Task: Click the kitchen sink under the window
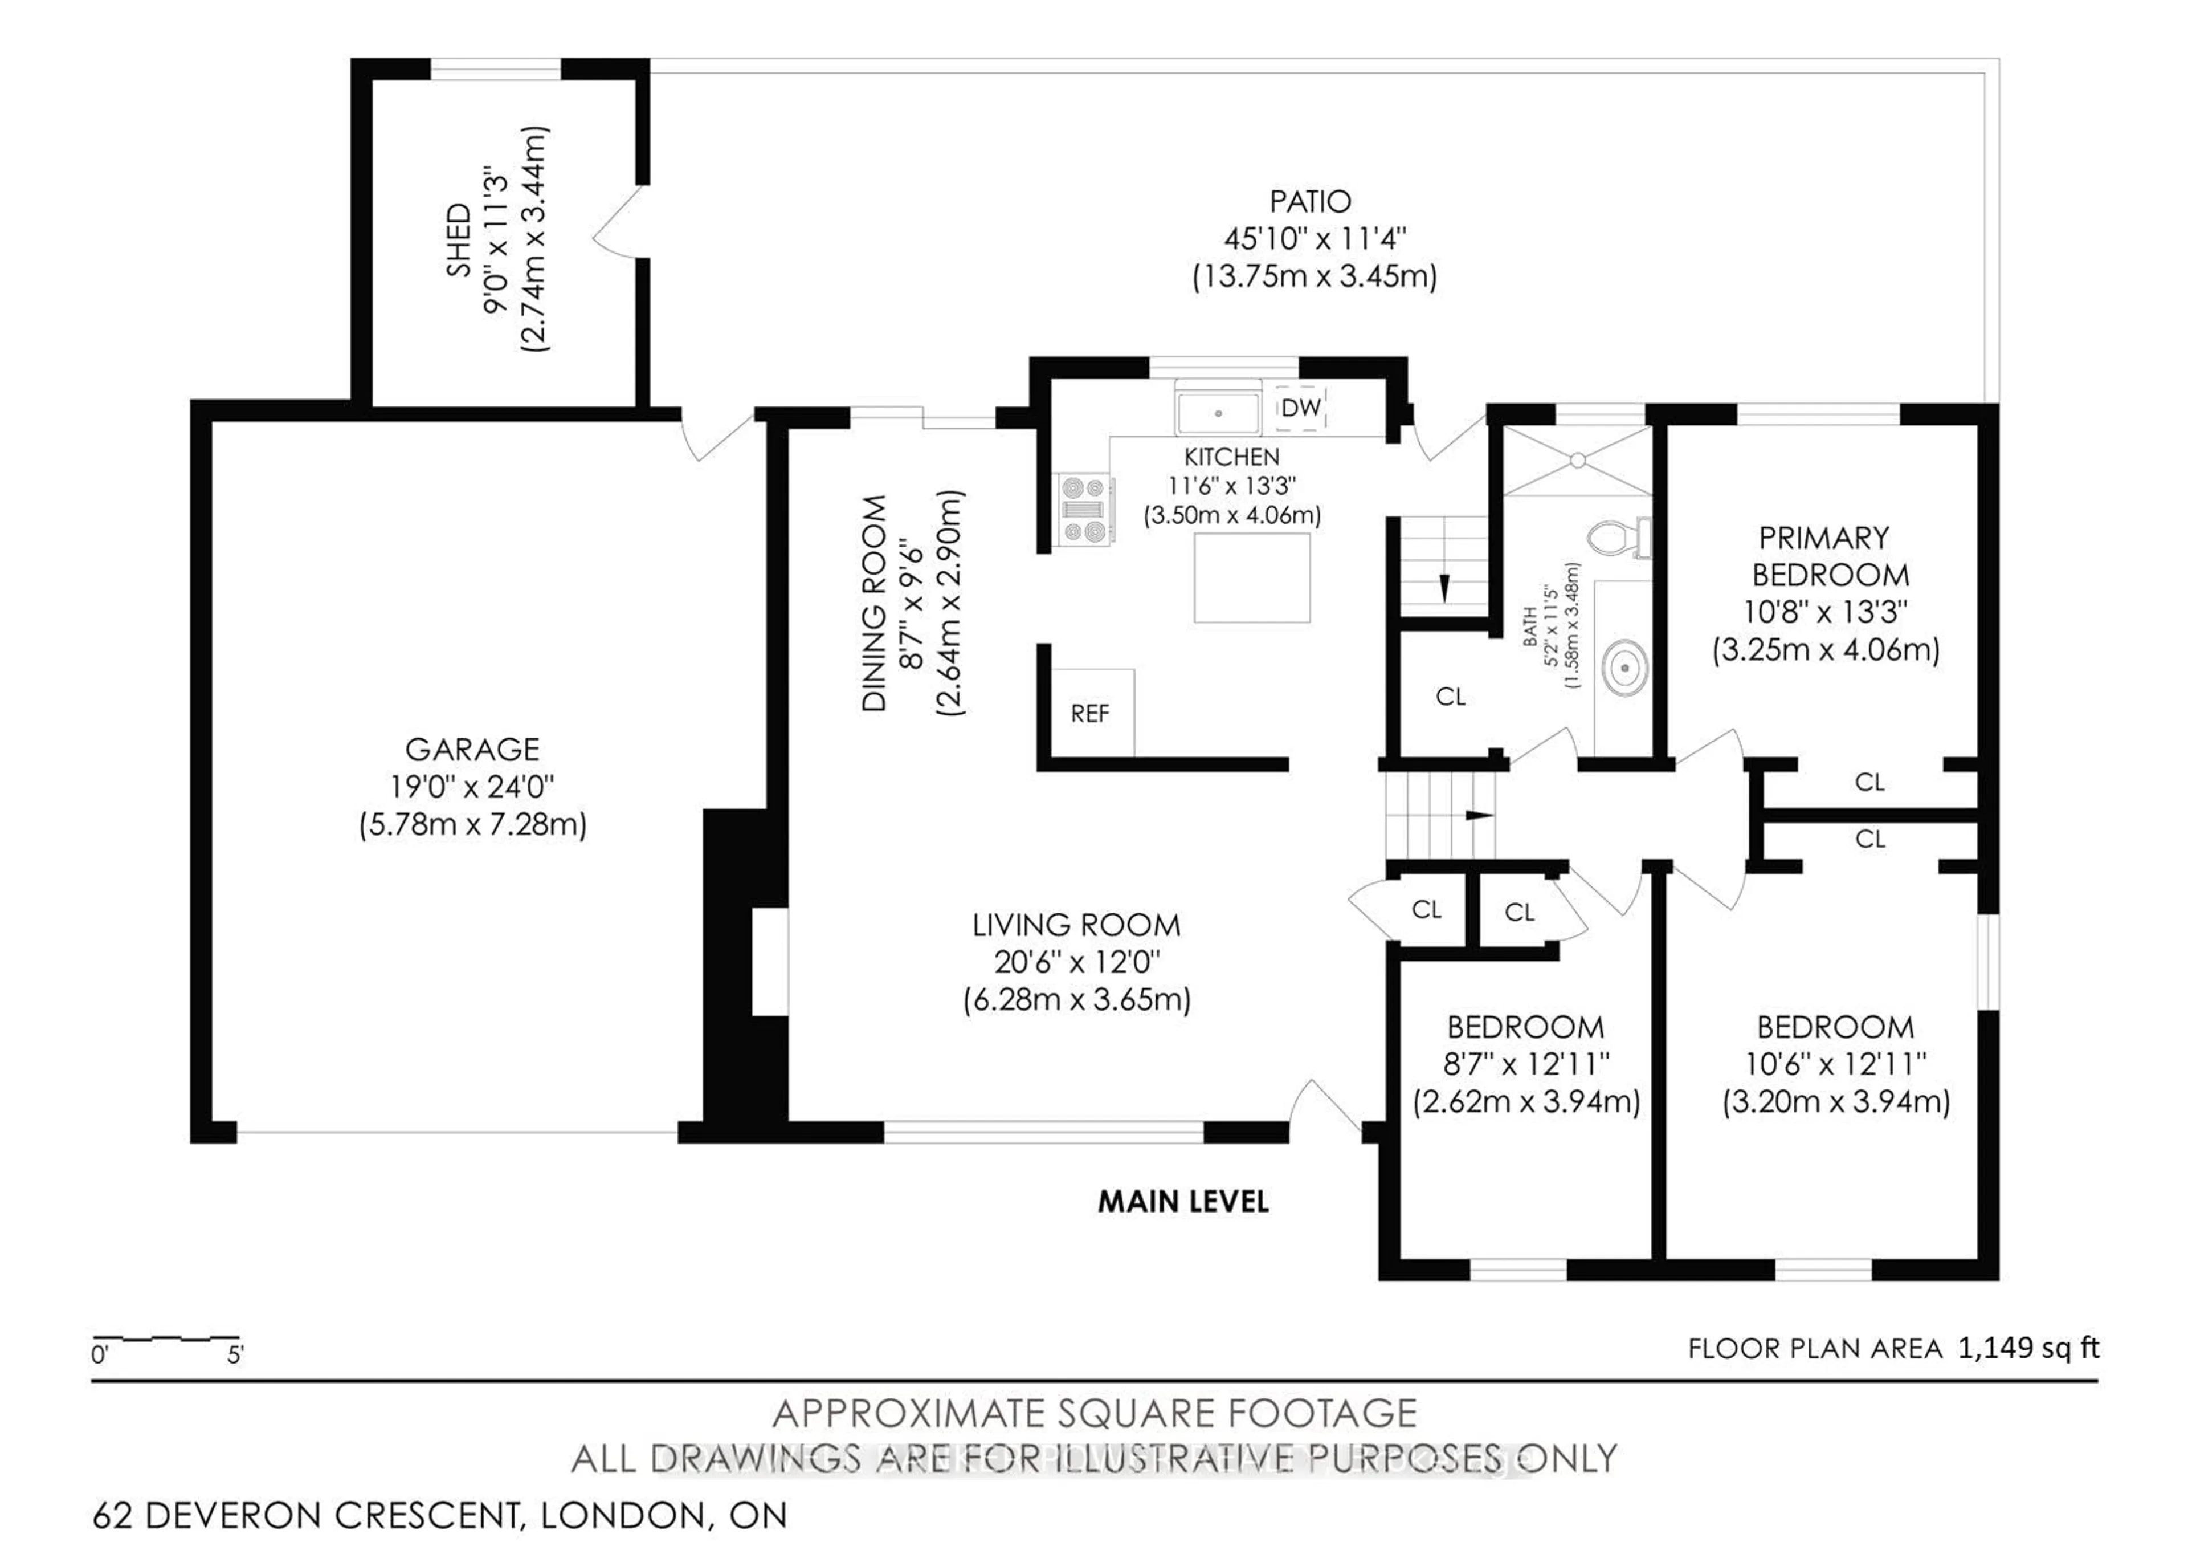1218,413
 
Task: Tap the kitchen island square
1251,577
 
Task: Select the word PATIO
1311,202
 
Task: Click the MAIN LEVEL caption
1183,1202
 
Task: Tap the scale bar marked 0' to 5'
167,1340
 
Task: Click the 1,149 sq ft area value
2028,1348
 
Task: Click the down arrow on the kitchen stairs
1444,588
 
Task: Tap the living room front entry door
1325,1109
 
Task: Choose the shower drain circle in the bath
1577,461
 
